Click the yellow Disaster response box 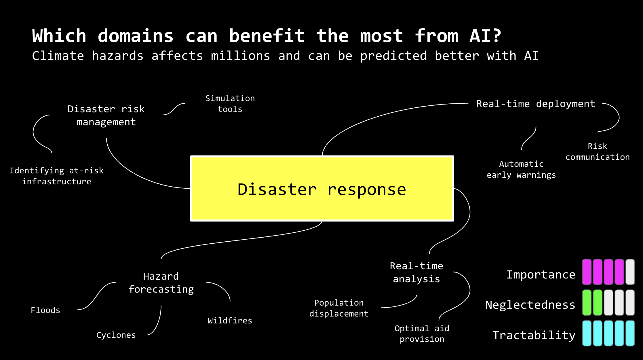pos(322,189)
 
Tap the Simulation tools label pos(230,104)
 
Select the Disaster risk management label pos(106,115)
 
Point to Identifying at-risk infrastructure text pos(57,176)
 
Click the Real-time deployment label pos(536,104)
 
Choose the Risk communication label pos(598,151)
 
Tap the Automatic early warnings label pos(521,169)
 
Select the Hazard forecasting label pos(161,283)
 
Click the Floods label pos(45,310)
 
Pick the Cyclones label pos(116,335)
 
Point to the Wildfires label pos(230,321)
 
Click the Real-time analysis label pos(416,272)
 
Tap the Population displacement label pos(339,308)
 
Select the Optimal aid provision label pos(422,334)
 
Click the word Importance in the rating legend pos(541,275)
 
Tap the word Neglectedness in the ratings pos(530,305)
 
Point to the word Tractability pos(534,335)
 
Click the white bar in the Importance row pos(630,272)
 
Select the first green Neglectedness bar pos(587,303)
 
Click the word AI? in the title pos(485,36)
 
